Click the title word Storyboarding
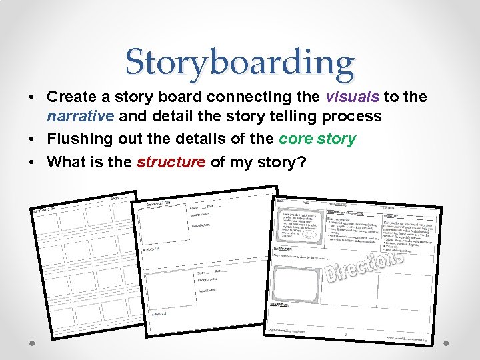click(x=240, y=63)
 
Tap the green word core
click(x=297, y=139)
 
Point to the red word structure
click(x=171, y=162)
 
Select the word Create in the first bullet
click(x=71, y=97)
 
